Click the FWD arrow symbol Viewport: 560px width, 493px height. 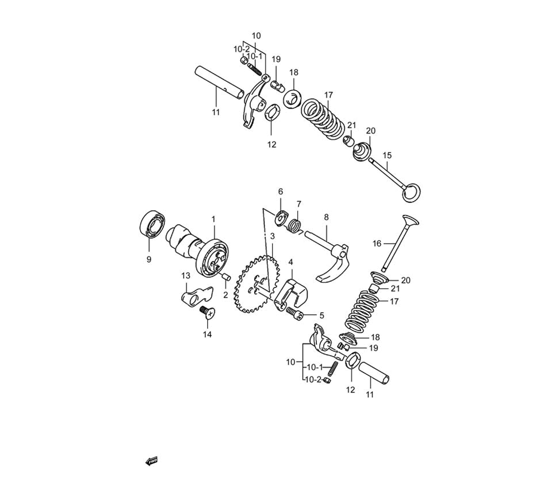tap(151, 461)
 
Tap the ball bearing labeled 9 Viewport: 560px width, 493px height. tap(152, 224)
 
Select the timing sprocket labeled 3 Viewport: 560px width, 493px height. tap(257, 284)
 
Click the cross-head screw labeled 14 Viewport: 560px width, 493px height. tap(207, 312)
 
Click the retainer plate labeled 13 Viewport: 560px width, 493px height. tap(195, 294)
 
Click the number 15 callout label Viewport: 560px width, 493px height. tap(387, 155)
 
